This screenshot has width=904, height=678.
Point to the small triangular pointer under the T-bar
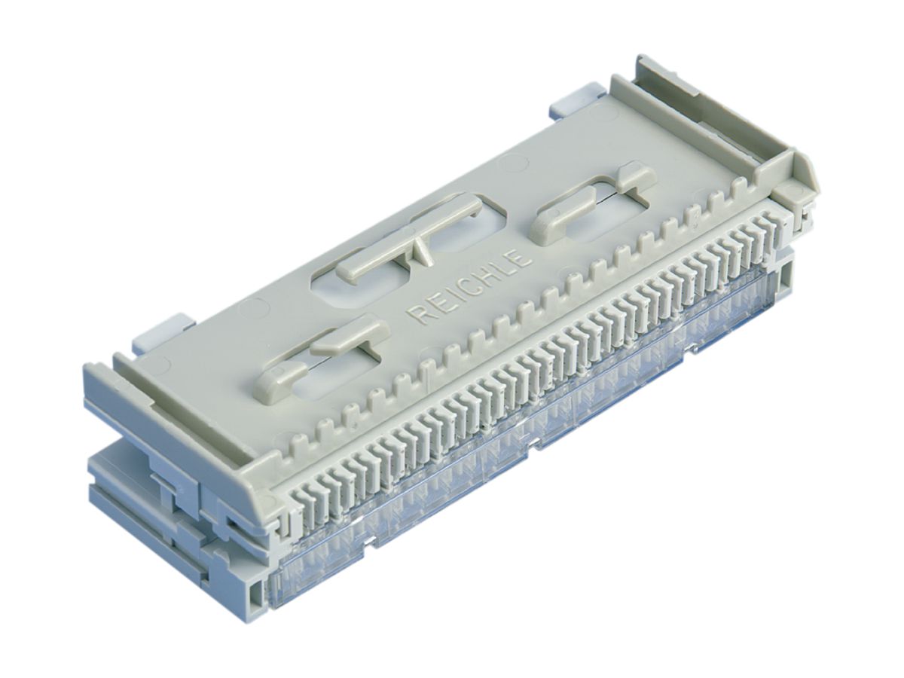click(422, 251)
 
